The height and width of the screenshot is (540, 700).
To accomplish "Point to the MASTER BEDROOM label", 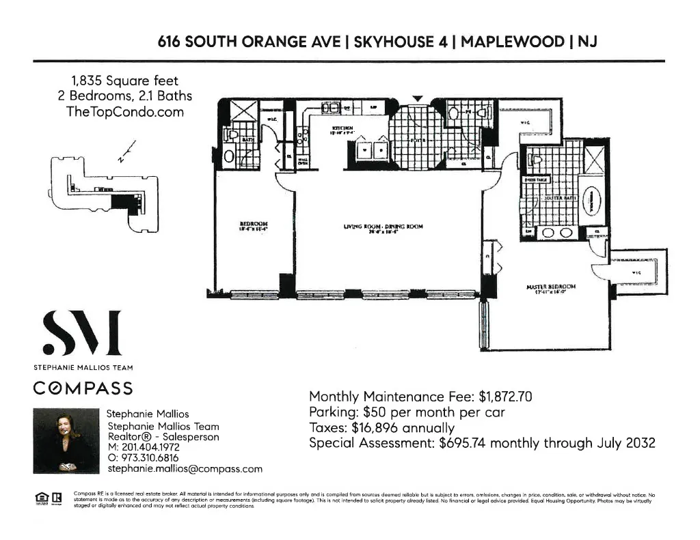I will pyautogui.click(x=550, y=287).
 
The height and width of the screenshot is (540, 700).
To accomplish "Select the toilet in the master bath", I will pyautogui.click(x=537, y=161).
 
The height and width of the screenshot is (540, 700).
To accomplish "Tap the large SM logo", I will pyautogui.click(x=81, y=335).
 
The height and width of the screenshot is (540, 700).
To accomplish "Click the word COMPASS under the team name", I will pyautogui.click(x=83, y=388).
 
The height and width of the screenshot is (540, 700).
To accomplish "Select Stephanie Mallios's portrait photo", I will pyautogui.click(x=66, y=440).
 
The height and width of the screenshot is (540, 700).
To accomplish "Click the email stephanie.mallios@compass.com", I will pyautogui.click(x=185, y=469).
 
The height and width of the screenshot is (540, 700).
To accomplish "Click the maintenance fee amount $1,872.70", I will pyautogui.click(x=505, y=397).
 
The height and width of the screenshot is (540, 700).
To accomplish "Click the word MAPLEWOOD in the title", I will pyautogui.click(x=512, y=41).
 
